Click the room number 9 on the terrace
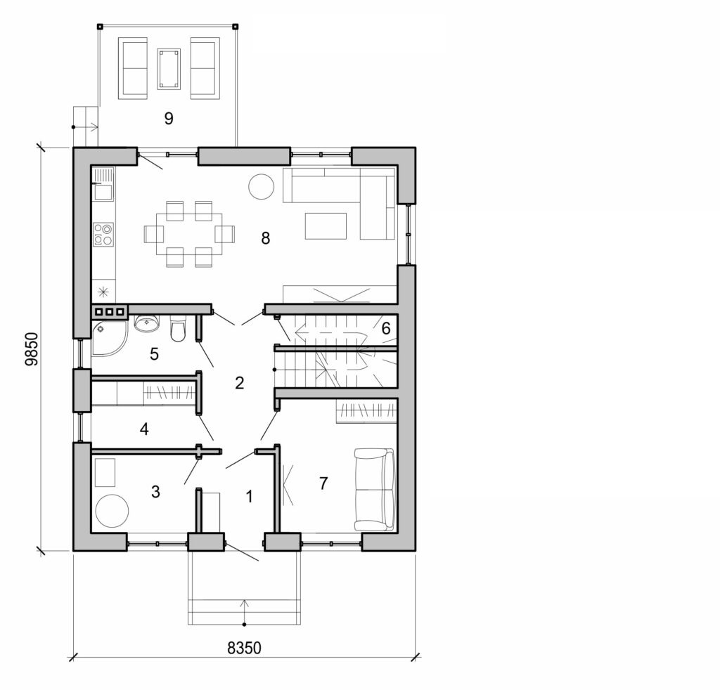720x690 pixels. click(x=168, y=118)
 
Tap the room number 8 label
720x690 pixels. click(x=265, y=238)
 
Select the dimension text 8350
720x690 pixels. click(x=244, y=648)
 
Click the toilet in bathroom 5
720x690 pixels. click(x=178, y=329)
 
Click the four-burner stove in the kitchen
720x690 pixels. click(x=103, y=234)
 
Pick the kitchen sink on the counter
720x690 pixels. click(x=103, y=190)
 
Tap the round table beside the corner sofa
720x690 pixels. click(x=261, y=186)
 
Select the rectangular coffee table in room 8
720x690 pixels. click(x=326, y=226)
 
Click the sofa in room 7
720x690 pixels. click(x=375, y=490)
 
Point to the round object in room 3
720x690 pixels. click(x=112, y=510)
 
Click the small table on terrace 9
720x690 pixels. click(x=169, y=68)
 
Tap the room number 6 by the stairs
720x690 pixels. click(x=385, y=327)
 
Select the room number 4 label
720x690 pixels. click(x=143, y=429)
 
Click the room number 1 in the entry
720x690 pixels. click(x=249, y=496)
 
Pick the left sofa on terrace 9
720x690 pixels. click(x=134, y=68)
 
